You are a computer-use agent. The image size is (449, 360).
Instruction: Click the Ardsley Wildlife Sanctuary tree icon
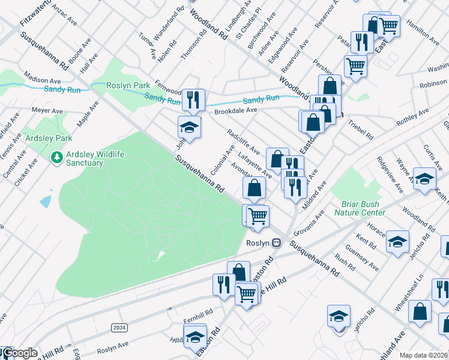(57, 158)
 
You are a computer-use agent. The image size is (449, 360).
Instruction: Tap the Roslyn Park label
(128, 86)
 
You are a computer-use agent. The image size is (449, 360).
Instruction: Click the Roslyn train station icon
(276, 242)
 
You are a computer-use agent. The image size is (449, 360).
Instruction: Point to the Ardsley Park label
(49, 138)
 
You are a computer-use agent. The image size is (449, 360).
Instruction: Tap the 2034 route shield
(119, 327)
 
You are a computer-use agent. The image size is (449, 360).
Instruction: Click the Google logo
(20, 353)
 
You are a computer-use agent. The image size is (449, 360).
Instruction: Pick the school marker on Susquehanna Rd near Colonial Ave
(188, 128)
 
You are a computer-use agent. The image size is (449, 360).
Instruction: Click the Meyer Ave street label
(47, 111)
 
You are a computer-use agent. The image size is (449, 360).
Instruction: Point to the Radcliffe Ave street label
(243, 142)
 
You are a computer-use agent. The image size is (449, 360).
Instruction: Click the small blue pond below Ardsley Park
(46, 201)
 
